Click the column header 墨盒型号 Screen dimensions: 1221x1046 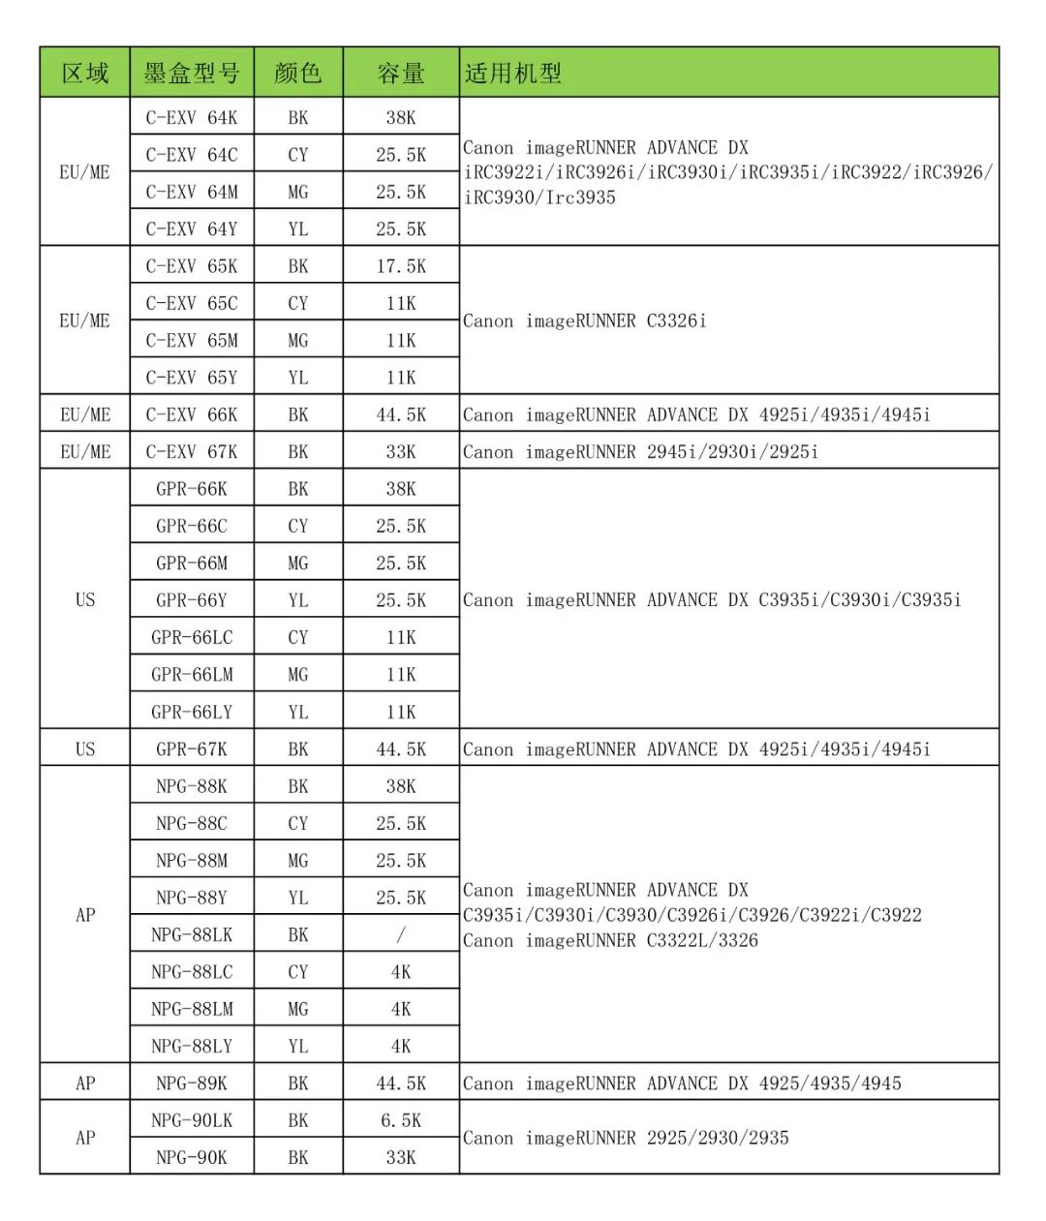[192, 74]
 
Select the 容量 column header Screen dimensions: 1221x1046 [401, 74]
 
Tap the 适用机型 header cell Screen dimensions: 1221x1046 [513, 74]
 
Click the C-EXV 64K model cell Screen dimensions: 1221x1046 [192, 118]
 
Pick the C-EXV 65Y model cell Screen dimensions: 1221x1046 [192, 378]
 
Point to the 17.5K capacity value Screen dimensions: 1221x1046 [401, 266]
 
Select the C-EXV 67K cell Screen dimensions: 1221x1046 [192, 452]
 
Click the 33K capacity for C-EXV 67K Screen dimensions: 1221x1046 [401, 452]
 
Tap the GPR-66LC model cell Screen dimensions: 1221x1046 [192, 638]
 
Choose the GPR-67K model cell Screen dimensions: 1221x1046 [192, 749]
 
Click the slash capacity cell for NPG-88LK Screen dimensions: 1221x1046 [401, 935]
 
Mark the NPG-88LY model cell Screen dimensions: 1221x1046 [192, 1047]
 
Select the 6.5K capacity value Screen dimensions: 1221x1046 [401, 1120]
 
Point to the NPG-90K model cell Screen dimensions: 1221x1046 [192, 1158]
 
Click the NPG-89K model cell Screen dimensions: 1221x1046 [192, 1084]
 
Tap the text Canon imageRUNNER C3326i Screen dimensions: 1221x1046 [585, 321]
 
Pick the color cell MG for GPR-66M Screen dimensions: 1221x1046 [298, 564]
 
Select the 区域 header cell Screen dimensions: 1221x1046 [85, 74]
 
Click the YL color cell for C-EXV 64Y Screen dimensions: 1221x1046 [298, 229]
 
